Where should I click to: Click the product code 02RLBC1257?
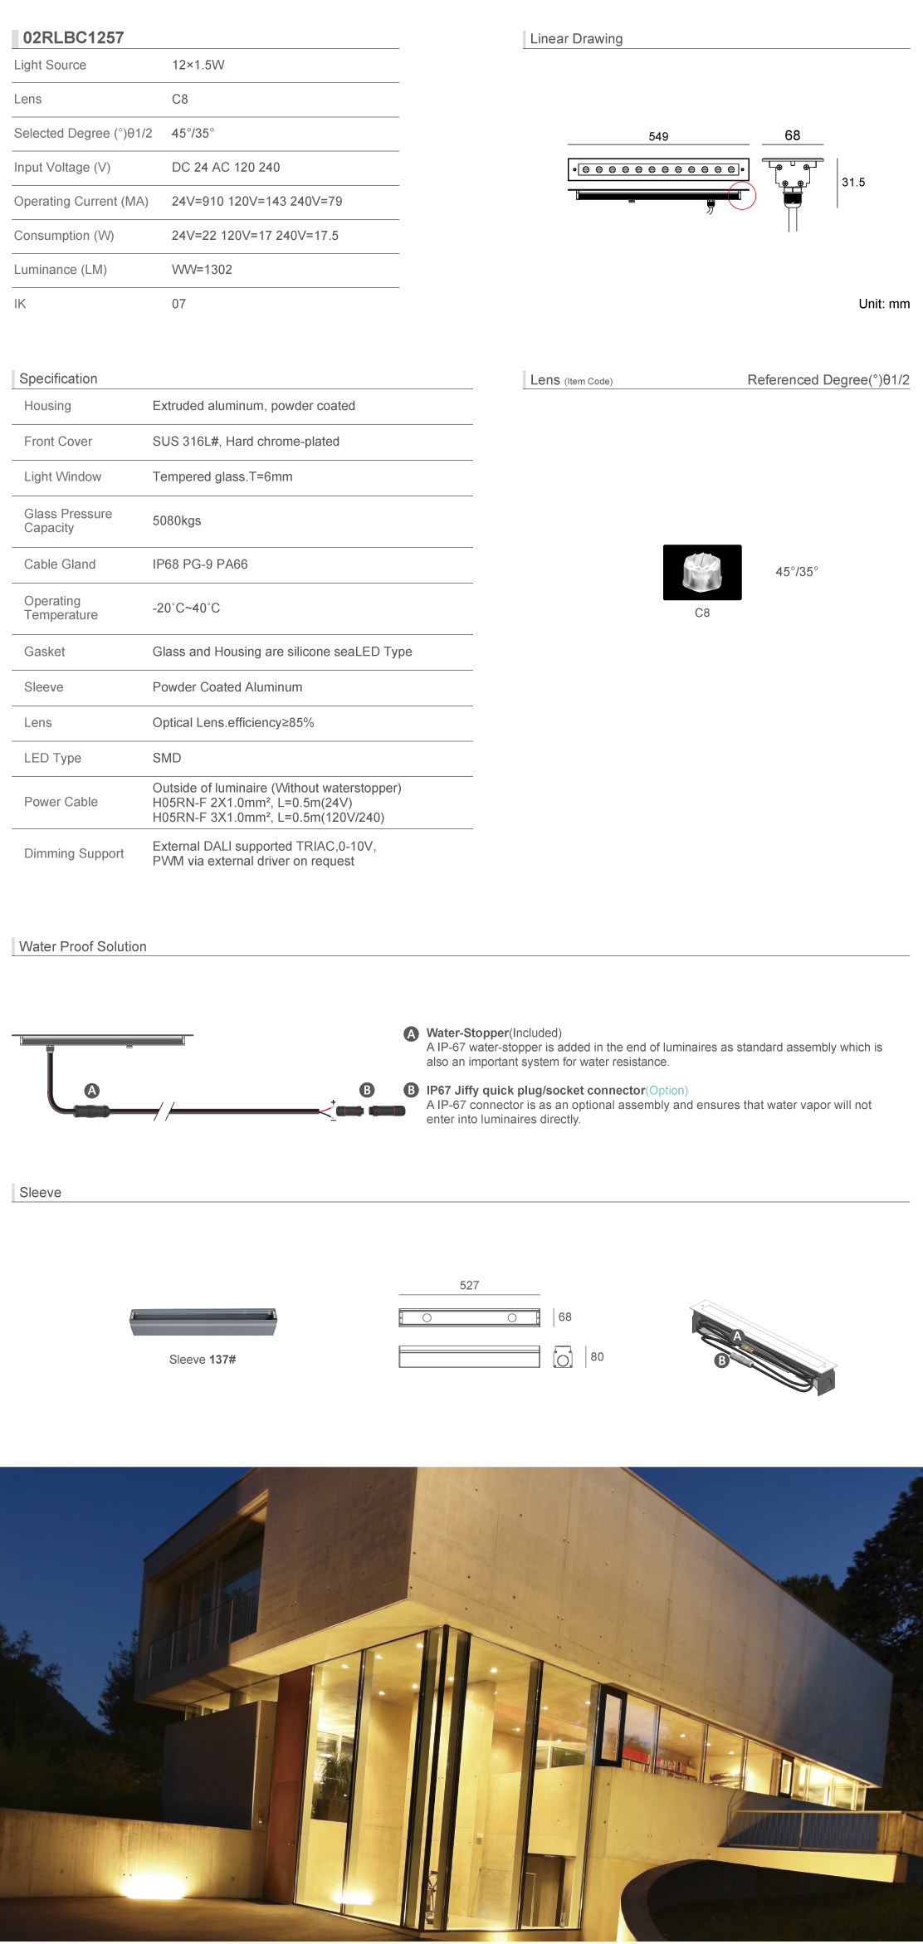(73, 37)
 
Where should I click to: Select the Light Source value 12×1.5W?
(198, 65)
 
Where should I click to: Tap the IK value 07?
(178, 304)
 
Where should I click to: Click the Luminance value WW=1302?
(202, 270)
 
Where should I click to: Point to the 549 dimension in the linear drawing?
(658, 136)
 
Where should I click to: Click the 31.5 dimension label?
(852, 183)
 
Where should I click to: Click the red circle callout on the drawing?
(742, 197)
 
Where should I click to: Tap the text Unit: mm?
(883, 304)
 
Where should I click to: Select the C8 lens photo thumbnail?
(701, 572)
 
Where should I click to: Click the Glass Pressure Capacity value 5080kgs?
(177, 520)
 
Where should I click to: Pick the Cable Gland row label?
(60, 564)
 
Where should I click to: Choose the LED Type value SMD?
(167, 758)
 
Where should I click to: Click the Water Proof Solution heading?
(82, 946)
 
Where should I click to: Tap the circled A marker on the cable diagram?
(92, 1090)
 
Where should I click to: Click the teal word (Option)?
(667, 1090)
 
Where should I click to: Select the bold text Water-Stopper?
(467, 1033)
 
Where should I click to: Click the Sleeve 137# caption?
(203, 1359)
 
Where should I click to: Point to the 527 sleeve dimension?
(469, 1285)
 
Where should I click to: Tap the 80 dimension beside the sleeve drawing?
(597, 1356)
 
